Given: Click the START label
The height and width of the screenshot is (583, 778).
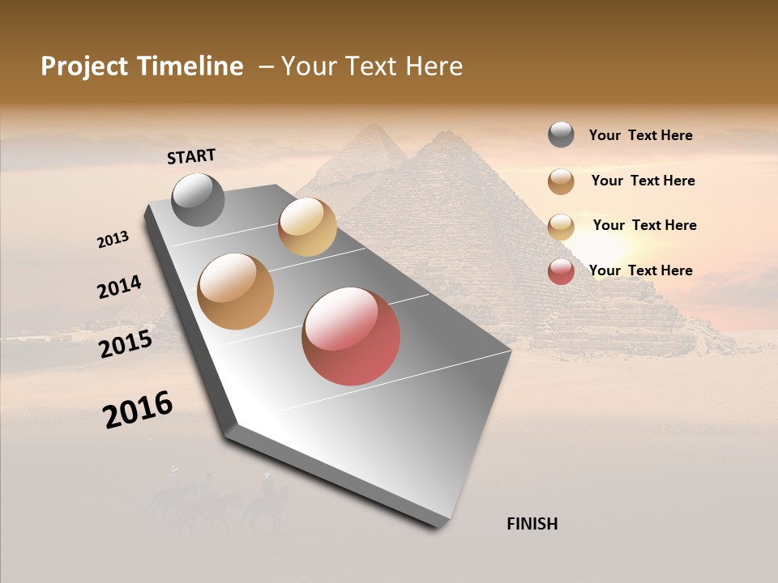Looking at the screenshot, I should coord(191,156).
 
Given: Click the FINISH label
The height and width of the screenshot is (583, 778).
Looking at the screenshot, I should coord(532,524).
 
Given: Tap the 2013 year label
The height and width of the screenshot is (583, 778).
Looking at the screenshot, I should coord(113,240).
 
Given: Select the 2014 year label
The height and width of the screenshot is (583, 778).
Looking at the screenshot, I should coord(119,287).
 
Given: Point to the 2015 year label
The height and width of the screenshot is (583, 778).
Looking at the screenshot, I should coord(126,344).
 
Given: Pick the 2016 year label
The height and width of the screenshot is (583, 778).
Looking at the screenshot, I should coord(138,409).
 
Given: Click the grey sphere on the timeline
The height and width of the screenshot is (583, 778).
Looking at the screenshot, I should coord(199,199).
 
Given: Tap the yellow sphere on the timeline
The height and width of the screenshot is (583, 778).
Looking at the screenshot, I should coord(307,227).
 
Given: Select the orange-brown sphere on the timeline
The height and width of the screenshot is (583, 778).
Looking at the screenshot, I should coord(236,291).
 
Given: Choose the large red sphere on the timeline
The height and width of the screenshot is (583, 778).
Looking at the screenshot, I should coord(351,336).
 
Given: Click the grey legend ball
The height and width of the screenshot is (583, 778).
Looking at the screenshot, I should coord(561,134).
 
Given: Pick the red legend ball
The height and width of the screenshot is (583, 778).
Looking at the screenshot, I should coord(561,271).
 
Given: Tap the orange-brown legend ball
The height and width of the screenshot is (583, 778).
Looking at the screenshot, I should coord(561,181).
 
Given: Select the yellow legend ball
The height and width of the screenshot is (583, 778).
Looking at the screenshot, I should coord(561,227).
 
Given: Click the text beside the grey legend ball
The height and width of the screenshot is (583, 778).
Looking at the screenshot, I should coord(640,135).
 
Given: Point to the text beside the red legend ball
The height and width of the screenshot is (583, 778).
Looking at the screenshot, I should coord(640,270).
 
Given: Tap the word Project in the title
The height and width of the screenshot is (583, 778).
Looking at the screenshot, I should coord(82,66).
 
